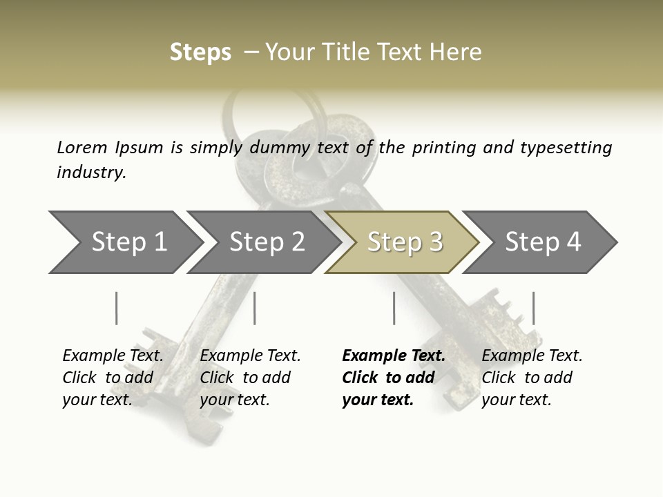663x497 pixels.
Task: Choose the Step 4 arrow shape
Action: (x=542, y=242)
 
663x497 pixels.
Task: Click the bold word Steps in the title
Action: (x=200, y=52)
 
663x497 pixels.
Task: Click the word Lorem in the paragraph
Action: (x=82, y=147)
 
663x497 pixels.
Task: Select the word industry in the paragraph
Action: (x=91, y=172)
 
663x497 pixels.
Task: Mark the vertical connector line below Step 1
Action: (x=117, y=308)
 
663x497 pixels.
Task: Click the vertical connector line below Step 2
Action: (x=255, y=308)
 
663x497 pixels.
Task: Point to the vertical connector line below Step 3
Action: (x=394, y=308)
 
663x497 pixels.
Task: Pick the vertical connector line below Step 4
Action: (x=533, y=308)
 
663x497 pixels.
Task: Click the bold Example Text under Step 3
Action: (x=394, y=356)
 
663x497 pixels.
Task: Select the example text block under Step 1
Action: (x=113, y=378)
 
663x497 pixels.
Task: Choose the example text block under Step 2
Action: (x=250, y=378)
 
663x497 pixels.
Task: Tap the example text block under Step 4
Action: (x=532, y=378)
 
